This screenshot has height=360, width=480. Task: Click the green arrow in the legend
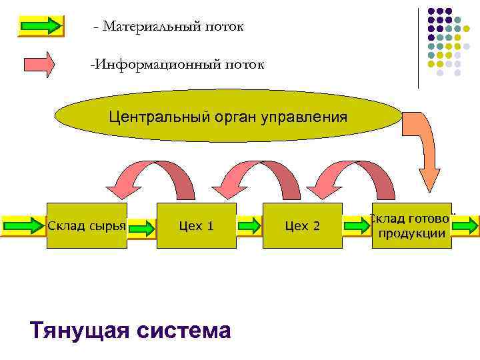[40, 26]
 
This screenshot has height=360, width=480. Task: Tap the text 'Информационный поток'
[178, 65]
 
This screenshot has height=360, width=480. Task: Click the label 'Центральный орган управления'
[228, 118]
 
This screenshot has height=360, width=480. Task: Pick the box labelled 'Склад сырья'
[87, 226]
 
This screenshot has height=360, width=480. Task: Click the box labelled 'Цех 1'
[197, 226]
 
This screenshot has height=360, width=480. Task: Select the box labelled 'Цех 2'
[302, 226]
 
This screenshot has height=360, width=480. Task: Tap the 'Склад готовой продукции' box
[411, 226]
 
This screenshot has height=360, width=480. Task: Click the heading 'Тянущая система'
[131, 329]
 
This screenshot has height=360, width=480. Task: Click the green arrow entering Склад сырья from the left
[23, 226]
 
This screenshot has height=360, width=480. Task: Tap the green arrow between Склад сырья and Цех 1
[141, 227]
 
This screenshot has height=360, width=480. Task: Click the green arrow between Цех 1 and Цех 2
[249, 226]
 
